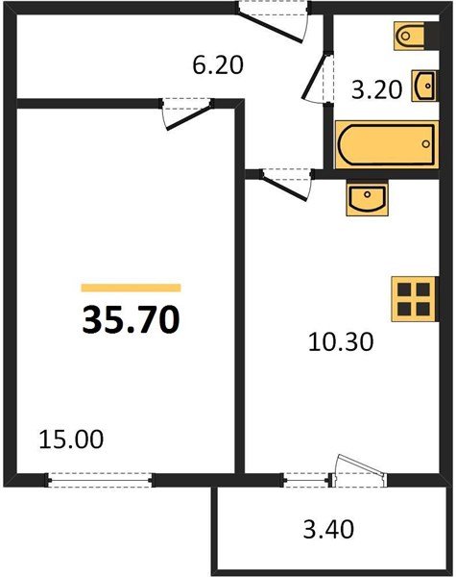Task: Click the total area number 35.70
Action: pos(131,320)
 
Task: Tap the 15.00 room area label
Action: pos(71,439)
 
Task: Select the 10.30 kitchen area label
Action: pos(341,341)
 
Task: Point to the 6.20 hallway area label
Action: pos(218,65)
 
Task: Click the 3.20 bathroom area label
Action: pos(376,89)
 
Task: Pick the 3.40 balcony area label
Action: pos(329,529)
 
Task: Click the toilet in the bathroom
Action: pos(417,36)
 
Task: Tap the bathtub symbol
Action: pos(387,144)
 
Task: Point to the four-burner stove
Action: pos(415,299)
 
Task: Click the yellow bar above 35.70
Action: pos(131,288)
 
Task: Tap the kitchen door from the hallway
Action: pos(283,187)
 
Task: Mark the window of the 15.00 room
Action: pos(100,480)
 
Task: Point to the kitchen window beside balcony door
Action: pos(307,480)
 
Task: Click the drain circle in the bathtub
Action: pos(426,144)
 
